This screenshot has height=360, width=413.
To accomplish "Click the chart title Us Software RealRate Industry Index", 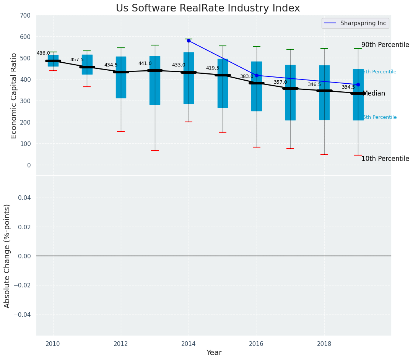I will pos(208,8).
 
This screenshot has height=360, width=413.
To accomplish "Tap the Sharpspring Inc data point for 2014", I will pos(189,41).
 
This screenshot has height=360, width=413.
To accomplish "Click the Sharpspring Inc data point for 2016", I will pos(257,76).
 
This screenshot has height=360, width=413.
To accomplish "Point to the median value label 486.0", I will pos(43,53).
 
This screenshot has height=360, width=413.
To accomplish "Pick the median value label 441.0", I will pos(145,63).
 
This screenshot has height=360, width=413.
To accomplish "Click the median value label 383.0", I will pos(247,76).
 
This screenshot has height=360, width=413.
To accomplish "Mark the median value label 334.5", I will pos(348,87).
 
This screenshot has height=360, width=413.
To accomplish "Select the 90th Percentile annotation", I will pos(385,45).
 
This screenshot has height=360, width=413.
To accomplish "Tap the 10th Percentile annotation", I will pos(385,159).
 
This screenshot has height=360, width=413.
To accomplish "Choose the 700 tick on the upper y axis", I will pos(26,16).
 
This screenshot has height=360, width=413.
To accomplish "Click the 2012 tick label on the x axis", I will pos(121,344).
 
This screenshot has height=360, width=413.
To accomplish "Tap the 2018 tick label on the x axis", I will pos(324,344).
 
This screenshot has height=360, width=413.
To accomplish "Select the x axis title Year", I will pos(214,353).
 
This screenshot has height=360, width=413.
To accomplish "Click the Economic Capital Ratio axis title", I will pos(14,96).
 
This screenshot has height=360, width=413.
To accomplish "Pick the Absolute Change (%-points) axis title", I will pos(7,256).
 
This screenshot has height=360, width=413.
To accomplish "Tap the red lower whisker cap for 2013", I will pos(155,151).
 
